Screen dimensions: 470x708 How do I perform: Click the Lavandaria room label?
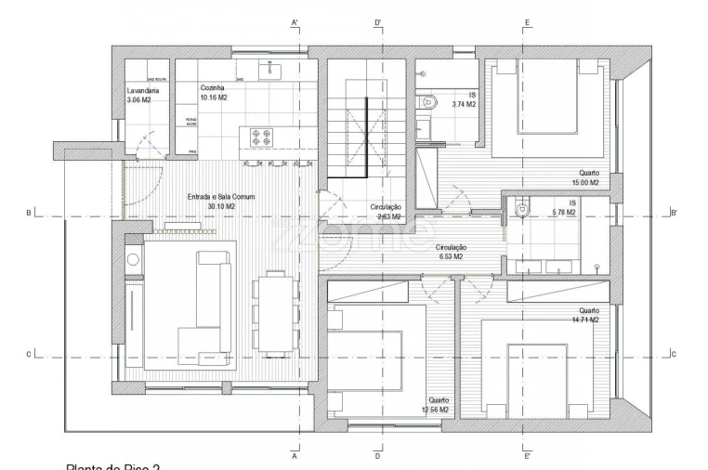145,91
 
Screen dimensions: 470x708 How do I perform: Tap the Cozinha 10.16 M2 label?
213,91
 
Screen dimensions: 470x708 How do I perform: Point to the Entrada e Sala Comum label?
220,197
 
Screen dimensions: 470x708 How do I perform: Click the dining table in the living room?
272,312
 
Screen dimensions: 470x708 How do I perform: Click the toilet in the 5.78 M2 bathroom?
520,210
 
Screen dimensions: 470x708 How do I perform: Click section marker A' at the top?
295,21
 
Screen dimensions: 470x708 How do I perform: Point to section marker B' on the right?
675,213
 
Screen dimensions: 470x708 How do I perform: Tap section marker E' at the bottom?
527,456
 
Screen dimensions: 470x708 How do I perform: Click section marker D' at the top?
378,21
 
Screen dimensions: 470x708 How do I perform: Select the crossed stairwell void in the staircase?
364,140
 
